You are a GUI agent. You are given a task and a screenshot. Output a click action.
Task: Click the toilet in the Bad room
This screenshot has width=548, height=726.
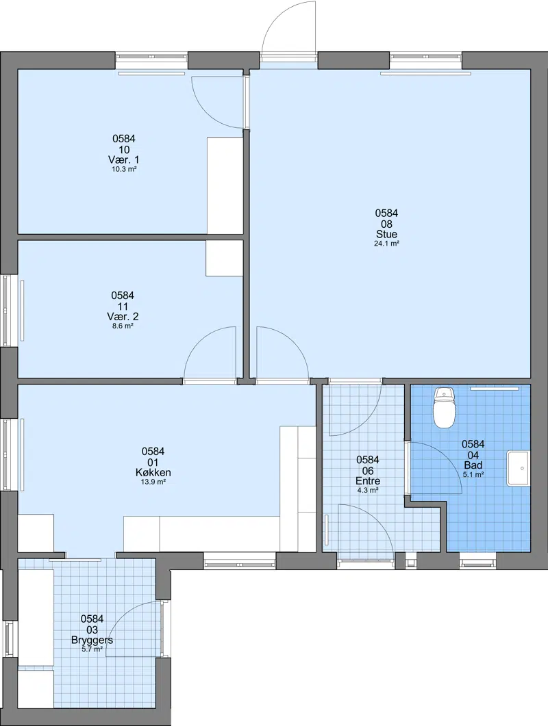coord(444,407)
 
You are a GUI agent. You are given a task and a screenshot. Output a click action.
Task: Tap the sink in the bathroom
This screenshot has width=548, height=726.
coord(519,468)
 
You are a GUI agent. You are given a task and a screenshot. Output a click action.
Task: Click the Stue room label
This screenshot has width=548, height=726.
coord(386,234)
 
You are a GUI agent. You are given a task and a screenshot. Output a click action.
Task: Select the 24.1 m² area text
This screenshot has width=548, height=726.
coord(386,244)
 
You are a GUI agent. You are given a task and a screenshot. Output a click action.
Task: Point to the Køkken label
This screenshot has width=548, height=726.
coord(153,472)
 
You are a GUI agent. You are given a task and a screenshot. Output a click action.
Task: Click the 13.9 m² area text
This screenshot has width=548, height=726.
coord(153,482)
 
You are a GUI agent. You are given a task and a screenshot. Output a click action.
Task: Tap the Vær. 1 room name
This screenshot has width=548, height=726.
coord(123,159)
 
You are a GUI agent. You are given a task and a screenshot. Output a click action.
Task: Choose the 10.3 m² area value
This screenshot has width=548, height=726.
coord(124,169)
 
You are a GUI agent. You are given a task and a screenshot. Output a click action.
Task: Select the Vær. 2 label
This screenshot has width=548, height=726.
coord(123,317)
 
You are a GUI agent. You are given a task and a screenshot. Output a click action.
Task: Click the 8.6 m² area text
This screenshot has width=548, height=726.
coord(123,326)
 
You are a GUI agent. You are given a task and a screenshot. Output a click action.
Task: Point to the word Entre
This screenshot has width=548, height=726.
coord(368,481)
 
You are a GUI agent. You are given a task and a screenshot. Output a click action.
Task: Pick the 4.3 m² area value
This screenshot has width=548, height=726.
coord(368,491)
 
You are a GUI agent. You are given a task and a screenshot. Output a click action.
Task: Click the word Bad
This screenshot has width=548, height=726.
coord(473,465)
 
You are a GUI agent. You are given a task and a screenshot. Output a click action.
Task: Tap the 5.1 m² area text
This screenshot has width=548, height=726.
coord(473,475)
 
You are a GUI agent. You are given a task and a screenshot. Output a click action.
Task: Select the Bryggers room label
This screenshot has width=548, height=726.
coord(92,640)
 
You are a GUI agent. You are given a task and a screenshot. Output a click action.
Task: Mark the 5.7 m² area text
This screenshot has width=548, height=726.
coord(92,649)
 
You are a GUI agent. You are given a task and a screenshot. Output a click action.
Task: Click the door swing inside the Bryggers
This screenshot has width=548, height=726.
coord(121,614)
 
